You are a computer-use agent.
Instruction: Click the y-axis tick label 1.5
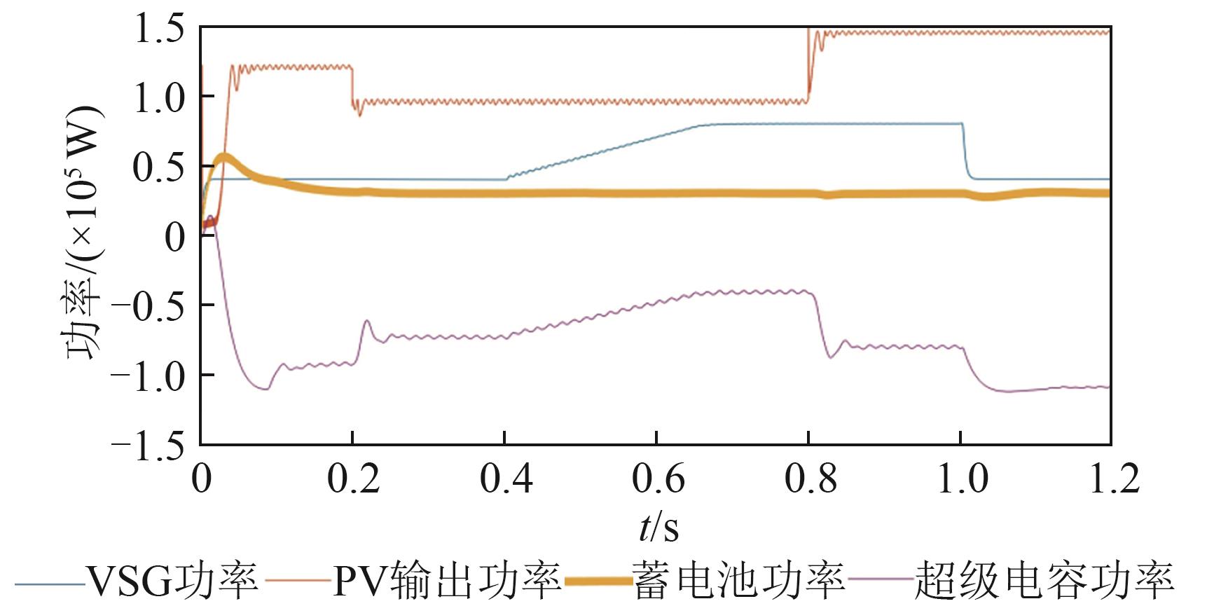click(x=159, y=29)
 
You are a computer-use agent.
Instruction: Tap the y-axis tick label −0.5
click(x=148, y=306)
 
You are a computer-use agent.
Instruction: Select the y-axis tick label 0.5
click(x=159, y=167)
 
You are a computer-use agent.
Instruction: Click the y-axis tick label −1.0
click(x=148, y=376)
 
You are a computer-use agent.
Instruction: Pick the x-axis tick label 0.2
click(x=353, y=478)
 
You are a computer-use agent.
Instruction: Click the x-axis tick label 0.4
click(x=505, y=478)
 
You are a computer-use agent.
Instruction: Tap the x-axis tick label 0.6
click(x=657, y=478)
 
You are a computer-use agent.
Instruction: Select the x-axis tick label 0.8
click(x=809, y=478)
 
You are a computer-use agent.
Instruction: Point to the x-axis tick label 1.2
click(x=1113, y=478)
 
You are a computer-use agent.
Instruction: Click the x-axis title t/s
click(x=658, y=527)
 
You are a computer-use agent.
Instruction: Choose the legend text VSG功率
click(x=172, y=581)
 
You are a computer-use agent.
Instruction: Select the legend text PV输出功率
click(x=447, y=581)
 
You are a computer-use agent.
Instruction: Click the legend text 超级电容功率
click(x=1044, y=581)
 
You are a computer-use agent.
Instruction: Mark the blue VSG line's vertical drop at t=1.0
click(x=965, y=151)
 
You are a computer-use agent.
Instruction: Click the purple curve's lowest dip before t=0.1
click(x=265, y=388)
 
